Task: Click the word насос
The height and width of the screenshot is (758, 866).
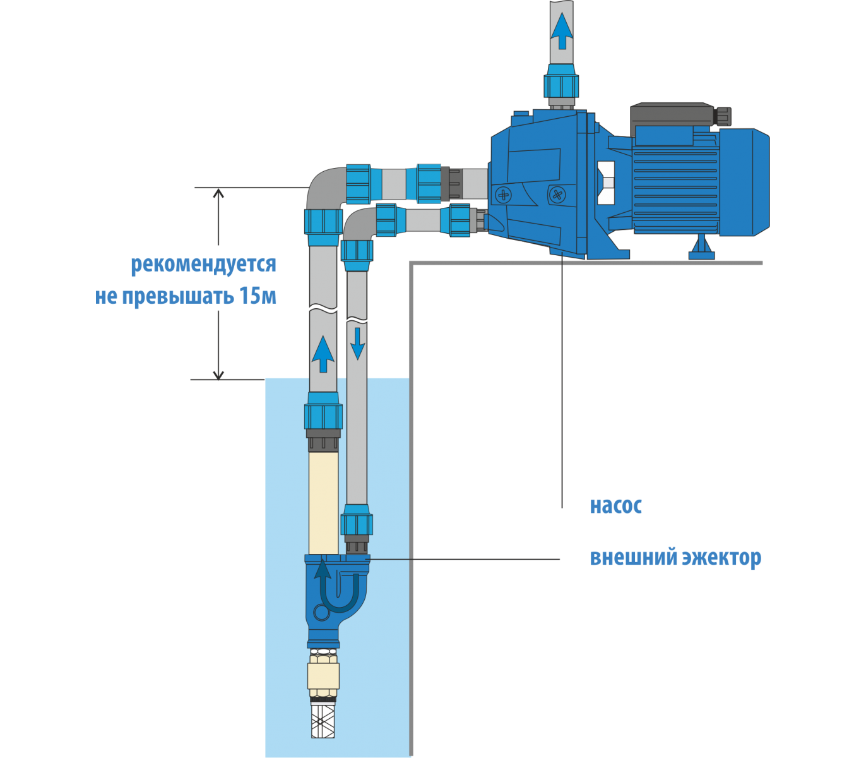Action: click(x=615, y=506)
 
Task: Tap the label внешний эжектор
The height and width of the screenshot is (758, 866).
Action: click(x=675, y=558)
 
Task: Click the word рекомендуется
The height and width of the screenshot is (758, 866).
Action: click(x=203, y=264)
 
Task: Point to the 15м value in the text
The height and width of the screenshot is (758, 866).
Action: click(x=258, y=296)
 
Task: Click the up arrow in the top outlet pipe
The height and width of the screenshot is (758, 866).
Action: click(x=561, y=31)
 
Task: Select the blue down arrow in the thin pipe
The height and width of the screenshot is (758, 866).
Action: click(x=357, y=343)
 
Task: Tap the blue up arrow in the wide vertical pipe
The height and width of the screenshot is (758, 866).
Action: click(x=323, y=354)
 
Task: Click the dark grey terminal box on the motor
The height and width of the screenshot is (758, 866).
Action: click(x=672, y=116)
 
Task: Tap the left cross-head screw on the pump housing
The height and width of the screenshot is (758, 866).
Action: click(x=503, y=195)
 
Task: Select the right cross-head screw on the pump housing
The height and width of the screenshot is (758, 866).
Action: click(x=557, y=194)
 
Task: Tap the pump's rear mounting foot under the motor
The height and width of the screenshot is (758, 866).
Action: click(x=701, y=248)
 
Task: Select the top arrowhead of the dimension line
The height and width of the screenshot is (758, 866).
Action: click(x=218, y=193)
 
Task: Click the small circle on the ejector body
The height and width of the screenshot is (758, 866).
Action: click(x=321, y=612)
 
